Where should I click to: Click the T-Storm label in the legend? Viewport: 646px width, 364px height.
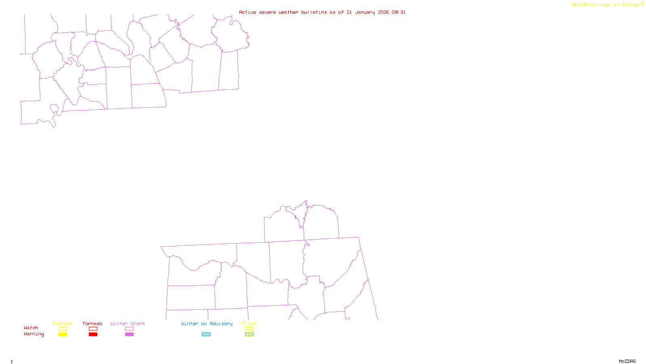click(62, 324)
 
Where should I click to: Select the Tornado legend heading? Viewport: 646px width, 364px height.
click(92, 324)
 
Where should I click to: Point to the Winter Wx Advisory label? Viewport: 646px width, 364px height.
click(207, 324)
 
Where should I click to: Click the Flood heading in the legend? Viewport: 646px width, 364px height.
click(249, 324)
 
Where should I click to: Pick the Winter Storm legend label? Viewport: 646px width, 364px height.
click(128, 324)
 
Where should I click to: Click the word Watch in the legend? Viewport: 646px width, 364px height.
click(31, 328)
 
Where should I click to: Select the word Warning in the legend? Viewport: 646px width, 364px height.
click(34, 334)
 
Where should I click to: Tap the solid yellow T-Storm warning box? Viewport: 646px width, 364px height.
click(63, 334)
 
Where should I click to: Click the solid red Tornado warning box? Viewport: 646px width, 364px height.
click(93, 334)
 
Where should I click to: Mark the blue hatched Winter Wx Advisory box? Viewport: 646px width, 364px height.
click(206, 334)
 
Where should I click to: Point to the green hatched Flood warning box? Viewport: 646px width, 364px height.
click(249, 334)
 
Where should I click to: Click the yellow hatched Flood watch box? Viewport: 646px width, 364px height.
click(249, 329)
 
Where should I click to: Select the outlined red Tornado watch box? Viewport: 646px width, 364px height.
click(93, 329)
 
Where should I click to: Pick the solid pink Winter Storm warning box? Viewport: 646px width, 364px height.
click(129, 334)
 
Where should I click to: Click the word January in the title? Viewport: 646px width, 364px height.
click(365, 12)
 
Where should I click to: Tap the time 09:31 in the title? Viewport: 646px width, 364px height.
click(399, 12)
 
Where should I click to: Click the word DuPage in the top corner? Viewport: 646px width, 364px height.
click(630, 4)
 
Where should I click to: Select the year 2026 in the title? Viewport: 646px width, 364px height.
click(383, 12)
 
